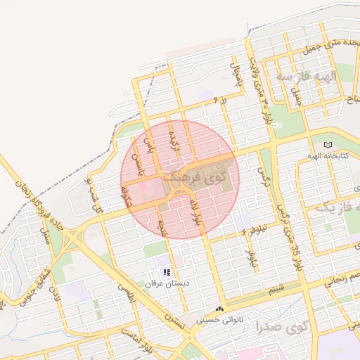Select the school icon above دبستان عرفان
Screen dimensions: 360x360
tap(166, 271)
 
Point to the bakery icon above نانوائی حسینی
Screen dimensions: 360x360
tap(220, 309)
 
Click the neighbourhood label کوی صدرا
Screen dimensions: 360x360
tap(282, 327)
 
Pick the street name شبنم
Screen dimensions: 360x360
tap(277, 287)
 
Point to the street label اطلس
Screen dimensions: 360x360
tap(129, 295)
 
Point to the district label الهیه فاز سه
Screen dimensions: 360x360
tap(307, 75)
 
